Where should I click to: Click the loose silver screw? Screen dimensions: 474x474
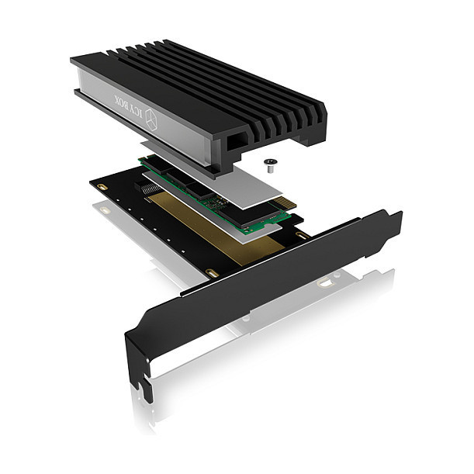pos(269,166)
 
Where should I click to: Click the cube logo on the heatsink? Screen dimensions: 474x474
pos(151,119)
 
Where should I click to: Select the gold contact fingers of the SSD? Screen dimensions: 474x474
pos(285,202)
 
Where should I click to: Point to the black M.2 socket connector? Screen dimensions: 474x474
pos(147,188)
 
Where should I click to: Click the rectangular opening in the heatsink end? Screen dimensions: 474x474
pos(237,140)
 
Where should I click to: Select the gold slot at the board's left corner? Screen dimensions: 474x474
pos(103,187)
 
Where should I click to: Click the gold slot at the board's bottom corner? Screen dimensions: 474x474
pos(212,273)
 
